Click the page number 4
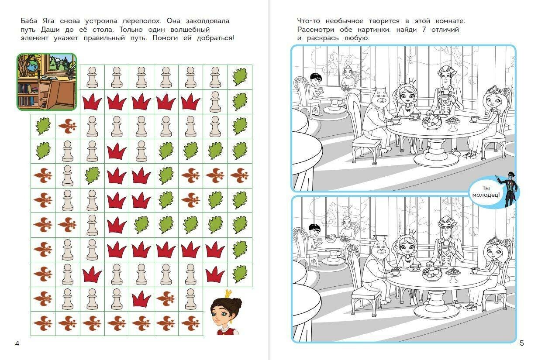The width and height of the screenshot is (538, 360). (17, 343)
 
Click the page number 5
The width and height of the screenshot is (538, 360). (522, 343)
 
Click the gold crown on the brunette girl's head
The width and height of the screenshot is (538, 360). (228, 293)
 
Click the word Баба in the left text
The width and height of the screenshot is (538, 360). (29, 21)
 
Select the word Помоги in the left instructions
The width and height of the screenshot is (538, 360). (165, 38)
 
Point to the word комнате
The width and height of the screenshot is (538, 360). (450, 21)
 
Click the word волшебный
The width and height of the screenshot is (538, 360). (190, 30)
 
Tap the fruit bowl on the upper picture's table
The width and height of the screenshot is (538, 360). (431, 122)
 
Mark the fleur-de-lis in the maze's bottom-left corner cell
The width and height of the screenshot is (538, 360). (43, 323)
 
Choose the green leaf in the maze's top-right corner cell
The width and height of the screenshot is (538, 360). (240, 77)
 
